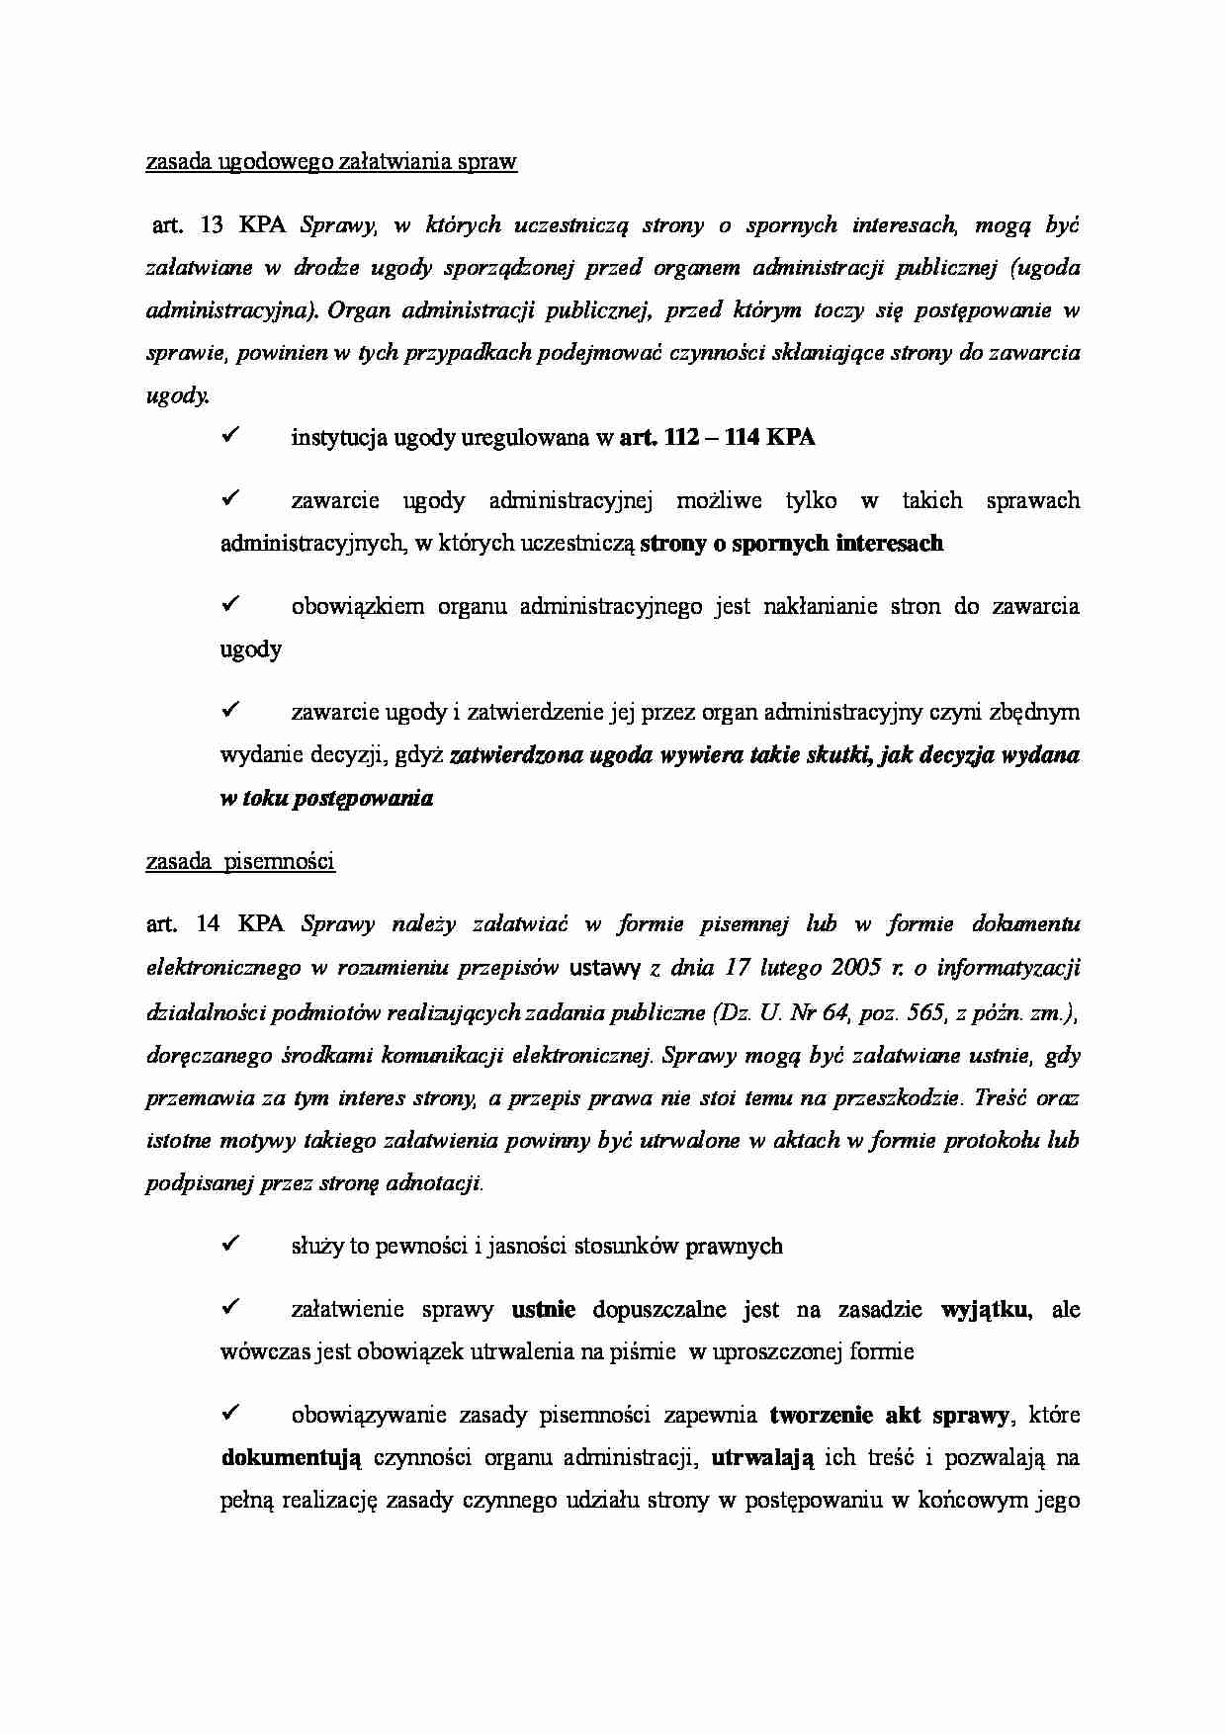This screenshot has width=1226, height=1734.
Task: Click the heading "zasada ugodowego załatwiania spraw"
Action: coord(331,162)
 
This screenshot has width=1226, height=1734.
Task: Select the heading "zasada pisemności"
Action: coord(240,861)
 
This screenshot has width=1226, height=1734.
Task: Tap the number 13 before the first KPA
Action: coord(212,224)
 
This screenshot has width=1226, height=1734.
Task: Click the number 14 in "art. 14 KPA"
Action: coord(208,924)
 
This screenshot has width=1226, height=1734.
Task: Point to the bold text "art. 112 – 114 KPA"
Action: coord(717,438)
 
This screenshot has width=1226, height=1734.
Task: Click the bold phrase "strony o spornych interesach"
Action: coord(791,543)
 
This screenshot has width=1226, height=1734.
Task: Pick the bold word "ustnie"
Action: coord(544,1310)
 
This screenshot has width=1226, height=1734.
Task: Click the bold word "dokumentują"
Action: coord(292,1457)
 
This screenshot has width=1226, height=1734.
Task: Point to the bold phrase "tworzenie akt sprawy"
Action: coord(889,1415)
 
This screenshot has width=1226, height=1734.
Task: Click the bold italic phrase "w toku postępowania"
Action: coord(326,799)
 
